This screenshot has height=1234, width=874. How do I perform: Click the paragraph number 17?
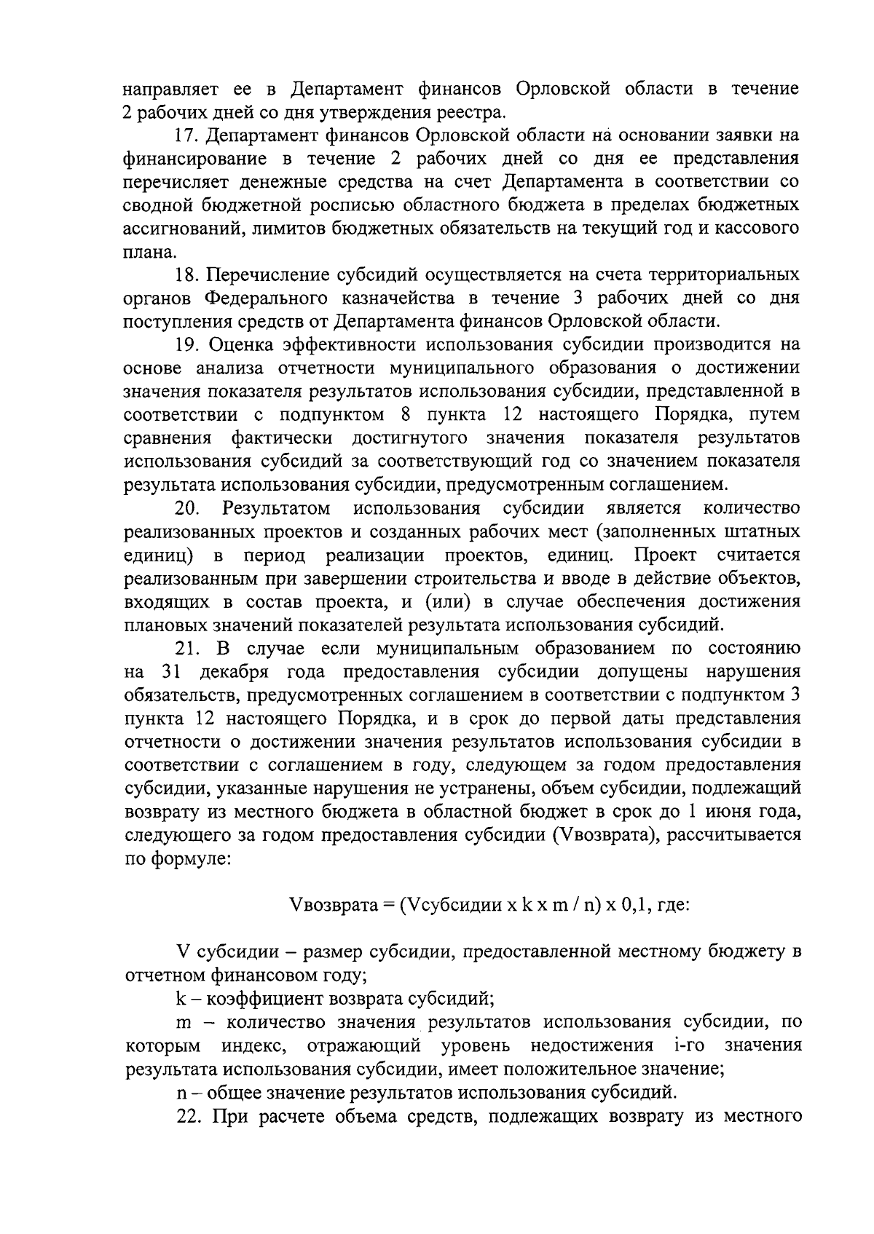[186, 135]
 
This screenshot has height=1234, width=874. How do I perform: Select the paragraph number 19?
[186, 345]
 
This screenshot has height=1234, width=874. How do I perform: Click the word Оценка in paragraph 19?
[241, 345]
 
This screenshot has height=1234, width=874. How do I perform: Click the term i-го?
[683, 1045]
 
